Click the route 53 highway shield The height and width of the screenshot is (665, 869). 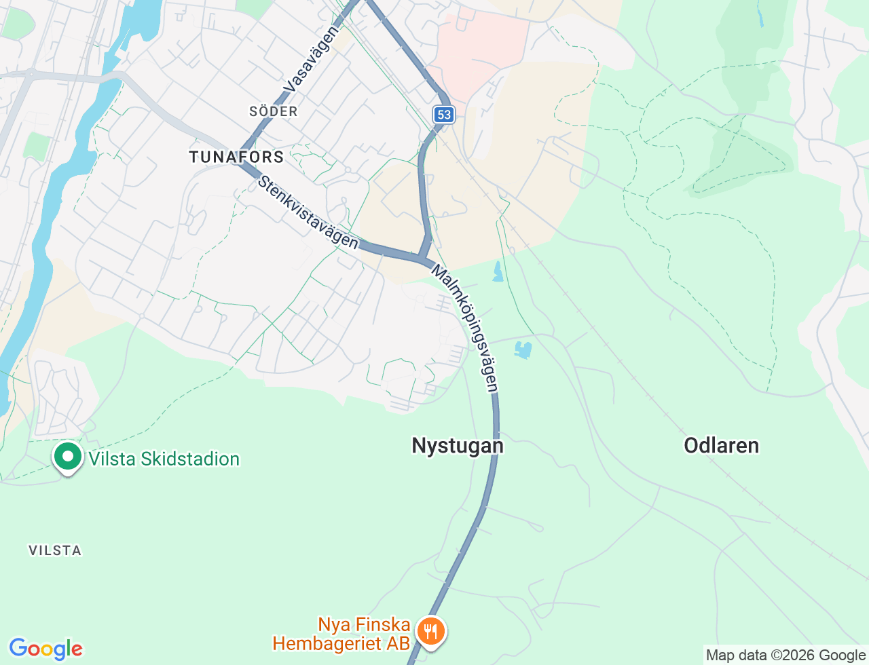click(444, 114)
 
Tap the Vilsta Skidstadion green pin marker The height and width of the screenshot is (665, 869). click(68, 457)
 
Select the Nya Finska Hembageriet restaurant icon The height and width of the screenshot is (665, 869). click(430, 632)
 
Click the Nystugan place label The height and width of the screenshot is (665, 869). click(458, 446)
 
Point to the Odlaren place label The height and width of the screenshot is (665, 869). click(721, 446)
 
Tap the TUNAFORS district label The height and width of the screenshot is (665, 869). click(236, 157)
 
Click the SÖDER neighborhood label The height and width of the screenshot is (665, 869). click(274, 111)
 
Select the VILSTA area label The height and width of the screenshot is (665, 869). click(55, 550)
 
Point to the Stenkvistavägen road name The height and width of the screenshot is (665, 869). click(308, 212)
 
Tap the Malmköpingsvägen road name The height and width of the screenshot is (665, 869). click(466, 328)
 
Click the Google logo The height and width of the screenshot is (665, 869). click(45, 649)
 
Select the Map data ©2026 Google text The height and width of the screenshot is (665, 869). click(785, 655)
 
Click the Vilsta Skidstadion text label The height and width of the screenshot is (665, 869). click(164, 459)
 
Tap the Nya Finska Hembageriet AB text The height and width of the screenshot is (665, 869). click(342, 634)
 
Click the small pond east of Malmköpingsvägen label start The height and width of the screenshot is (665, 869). click(498, 272)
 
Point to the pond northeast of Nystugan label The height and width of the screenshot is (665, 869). click(523, 350)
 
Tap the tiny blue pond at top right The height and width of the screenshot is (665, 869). click(760, 17)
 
